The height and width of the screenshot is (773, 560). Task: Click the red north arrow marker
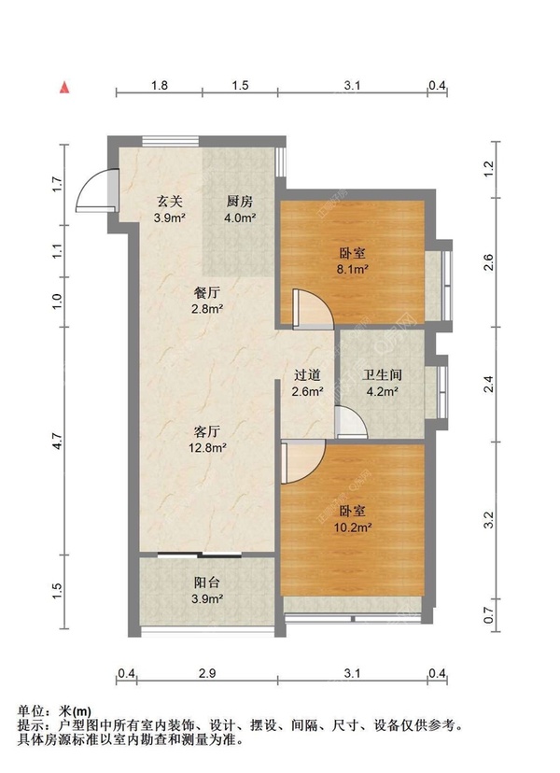[64, 87]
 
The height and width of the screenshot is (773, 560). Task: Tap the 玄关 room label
[170, 201]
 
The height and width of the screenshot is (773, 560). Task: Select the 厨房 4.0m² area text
[240, 218]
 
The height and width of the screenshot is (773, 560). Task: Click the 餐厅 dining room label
[207, 293]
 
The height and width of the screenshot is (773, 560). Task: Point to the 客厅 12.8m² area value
[207, 447]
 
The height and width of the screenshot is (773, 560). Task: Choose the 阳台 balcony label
[206, 583]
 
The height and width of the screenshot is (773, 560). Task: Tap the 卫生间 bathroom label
[382, 375]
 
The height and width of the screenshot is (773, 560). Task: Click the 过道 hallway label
[307, 375]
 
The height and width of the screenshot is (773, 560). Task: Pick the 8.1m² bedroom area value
[353, 269]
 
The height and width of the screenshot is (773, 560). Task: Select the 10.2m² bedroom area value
[353, 527]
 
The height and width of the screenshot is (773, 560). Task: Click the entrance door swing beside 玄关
[97, 190]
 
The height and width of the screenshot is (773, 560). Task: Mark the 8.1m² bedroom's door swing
[314, 309]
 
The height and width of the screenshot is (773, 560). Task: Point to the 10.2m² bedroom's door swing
[302, 462]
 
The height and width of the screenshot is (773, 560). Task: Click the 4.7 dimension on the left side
[58, 441]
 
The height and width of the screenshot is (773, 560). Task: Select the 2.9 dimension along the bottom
[207, 673]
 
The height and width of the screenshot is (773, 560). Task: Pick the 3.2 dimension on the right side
[488, 520]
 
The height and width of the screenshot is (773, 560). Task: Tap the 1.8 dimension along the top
[160, 85]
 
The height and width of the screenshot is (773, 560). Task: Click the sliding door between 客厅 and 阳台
[200, 555]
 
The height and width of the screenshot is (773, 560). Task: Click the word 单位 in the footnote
[31, 711]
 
